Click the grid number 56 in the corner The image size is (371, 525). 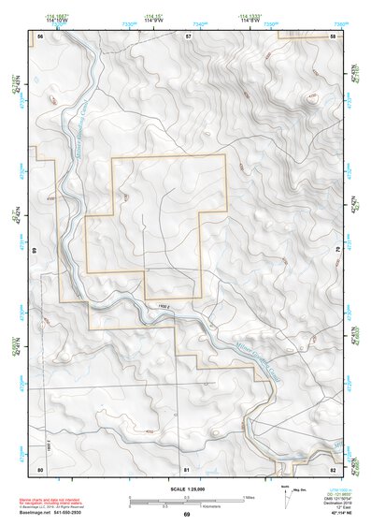(x=41, y=36)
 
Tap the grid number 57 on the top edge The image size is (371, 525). (x=188, y=36)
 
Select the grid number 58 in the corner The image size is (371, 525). (x=334, y=36)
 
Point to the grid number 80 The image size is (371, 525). (x=40, y=468)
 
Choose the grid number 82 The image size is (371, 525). (x=334, y=468)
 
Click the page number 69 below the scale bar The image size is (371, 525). (x=186, y=515)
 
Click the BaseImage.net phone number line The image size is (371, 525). (x=54, y=513)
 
